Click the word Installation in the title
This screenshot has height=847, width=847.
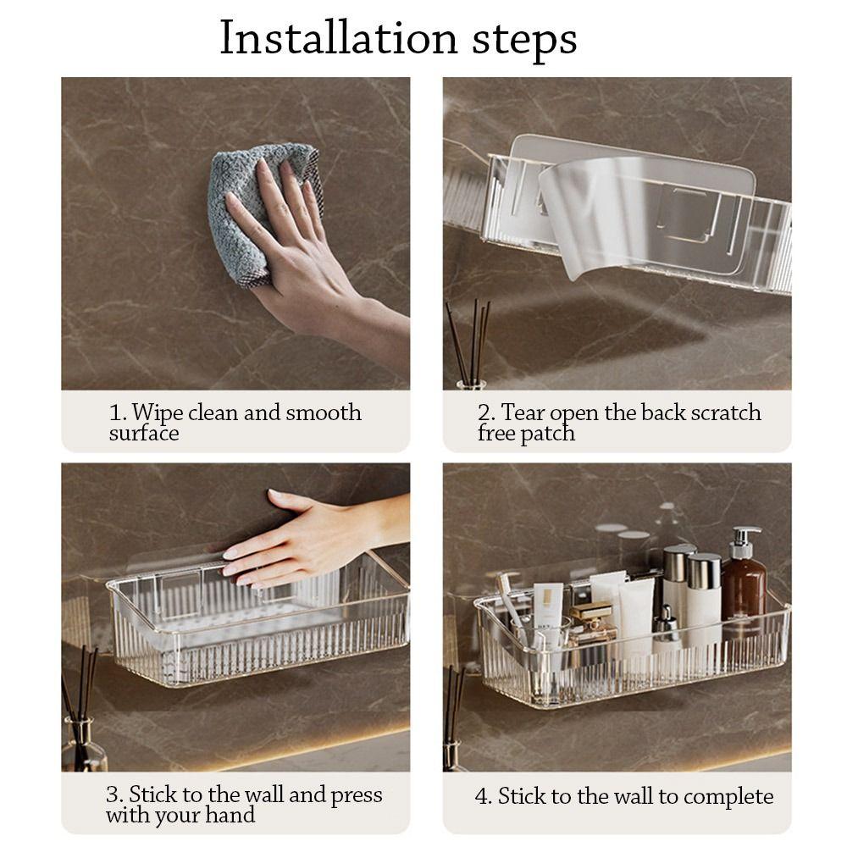click(339, 38)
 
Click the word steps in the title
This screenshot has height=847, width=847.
click(524, 41)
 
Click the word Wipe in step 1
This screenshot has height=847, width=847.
click(158, 413)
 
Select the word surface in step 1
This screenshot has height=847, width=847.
click(144, 433)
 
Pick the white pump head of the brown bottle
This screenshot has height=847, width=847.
click(745, 540)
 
